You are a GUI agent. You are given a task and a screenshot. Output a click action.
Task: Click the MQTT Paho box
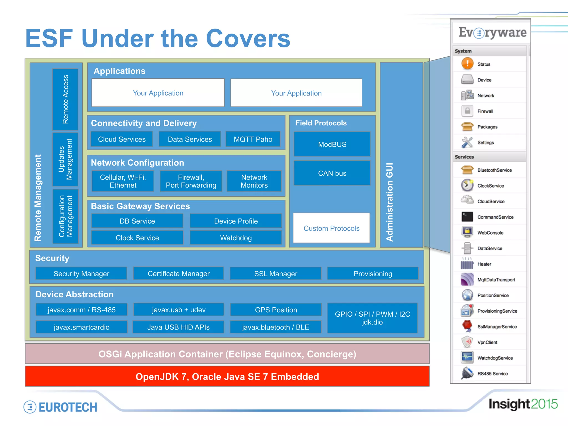click(x=253, y=139)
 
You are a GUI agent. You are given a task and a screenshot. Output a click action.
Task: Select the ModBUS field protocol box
click(x=332, y=144)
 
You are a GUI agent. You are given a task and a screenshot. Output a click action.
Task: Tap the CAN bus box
click(x=332, y=173)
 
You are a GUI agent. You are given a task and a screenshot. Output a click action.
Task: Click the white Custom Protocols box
click(x=331, y=228)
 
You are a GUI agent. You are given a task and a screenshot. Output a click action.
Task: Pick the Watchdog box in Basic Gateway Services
click(x=236, y=238)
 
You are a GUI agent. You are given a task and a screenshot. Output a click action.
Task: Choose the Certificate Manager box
click(x=179, y=274)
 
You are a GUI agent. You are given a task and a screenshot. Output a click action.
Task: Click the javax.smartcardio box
click(x=82, y=327)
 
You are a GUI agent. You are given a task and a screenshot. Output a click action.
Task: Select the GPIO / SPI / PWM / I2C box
click(x=372, y=318)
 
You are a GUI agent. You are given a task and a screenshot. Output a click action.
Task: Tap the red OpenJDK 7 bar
click(x=227, y=377)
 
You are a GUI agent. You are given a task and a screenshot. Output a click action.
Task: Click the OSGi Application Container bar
click(x=227, y=354)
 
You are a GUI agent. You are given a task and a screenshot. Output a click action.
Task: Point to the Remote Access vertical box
click(x=65, y=99)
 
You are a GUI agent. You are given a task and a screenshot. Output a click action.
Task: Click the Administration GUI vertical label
click(x=390, y=202)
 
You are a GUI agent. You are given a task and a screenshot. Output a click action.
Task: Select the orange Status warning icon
click(x=467, y=64)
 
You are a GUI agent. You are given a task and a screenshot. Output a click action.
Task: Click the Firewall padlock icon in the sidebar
click(x=467, y=111)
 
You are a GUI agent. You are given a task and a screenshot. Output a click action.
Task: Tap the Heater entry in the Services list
click(x=484, y=264)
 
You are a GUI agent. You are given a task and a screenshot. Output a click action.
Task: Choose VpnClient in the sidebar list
click(x=487, y=343)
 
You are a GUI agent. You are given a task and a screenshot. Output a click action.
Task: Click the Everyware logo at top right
click(x=492, y=33)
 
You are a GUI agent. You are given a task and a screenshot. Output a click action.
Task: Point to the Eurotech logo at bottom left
click(x=60, y=407)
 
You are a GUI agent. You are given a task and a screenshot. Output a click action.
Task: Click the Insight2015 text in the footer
click(x=523, y=404)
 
